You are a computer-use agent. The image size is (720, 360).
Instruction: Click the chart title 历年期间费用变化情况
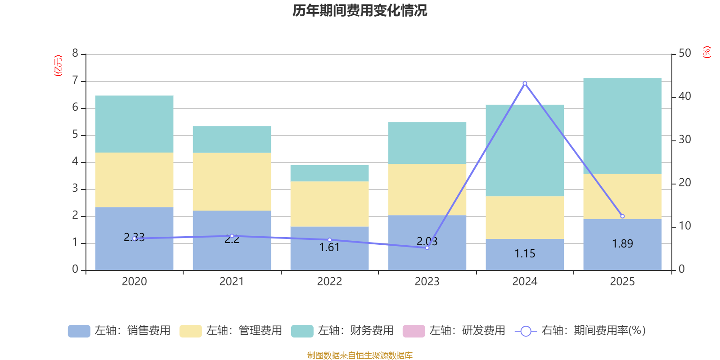(360, 10)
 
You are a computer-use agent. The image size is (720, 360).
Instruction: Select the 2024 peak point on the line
(525, 83)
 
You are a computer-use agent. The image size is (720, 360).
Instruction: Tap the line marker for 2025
(622, 216)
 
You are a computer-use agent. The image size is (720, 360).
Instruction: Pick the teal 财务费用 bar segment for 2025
(622, 126)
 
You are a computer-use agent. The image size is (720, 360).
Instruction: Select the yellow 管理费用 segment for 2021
(232, 182)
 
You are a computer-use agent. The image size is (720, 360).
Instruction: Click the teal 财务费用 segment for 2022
(329, 173)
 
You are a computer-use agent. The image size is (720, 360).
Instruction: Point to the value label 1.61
(329, 247)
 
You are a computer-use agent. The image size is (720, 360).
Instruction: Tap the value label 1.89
(622, 244)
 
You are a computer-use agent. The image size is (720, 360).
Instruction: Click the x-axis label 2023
(427, 282)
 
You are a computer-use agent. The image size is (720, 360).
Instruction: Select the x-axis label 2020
(134, 282)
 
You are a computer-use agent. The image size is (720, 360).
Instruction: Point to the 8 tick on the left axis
(75, 54)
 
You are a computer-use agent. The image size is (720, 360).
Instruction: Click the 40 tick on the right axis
(684, 96)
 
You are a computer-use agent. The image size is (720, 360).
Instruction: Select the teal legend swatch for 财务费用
(302, 331)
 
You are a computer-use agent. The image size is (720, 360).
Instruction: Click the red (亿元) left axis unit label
(58, 66)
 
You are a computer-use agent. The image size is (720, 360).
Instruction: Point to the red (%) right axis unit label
(706, 52)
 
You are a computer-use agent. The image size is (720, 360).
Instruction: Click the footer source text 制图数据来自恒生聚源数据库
(360, 355)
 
